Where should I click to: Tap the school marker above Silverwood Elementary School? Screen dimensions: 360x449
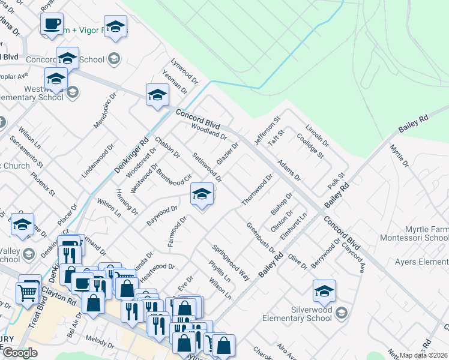324,292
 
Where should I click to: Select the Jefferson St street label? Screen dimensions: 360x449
268,131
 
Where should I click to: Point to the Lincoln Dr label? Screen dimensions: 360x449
318,136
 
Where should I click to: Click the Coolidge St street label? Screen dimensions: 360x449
310,146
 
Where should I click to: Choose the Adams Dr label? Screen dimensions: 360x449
289,170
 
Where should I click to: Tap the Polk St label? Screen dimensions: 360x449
334,182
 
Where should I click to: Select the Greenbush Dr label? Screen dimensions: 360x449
261,237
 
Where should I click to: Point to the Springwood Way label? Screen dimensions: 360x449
231,262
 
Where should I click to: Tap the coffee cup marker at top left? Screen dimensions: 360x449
52,25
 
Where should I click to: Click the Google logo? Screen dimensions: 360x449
20,352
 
